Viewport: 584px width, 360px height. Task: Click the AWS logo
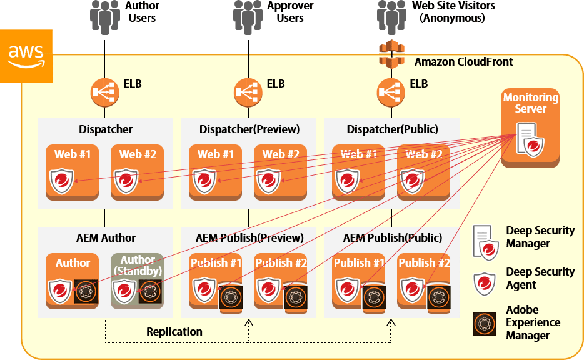(x=26, y=56)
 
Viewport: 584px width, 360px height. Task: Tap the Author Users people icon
(x=104, y=17)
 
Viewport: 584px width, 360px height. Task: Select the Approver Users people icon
(x=248, y=17)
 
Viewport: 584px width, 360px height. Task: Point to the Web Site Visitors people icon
(x=391, y=17)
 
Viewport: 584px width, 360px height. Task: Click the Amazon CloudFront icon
(x=392, y=55)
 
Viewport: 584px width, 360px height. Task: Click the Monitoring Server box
(x=530, y=128)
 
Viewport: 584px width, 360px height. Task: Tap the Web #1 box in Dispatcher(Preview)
(x=216, y=172)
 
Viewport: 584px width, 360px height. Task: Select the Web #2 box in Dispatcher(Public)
(x=423, y=172)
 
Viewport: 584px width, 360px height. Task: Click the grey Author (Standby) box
(x=137, y=281)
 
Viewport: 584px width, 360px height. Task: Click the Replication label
(x=174, y=332)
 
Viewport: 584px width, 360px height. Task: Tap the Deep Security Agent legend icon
(x=485, y=282)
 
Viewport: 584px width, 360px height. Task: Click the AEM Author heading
(x=106, y=238)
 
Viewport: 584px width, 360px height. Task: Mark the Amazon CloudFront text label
(x=463, y=62)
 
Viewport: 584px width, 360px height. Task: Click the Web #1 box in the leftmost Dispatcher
(x=72, y=172)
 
